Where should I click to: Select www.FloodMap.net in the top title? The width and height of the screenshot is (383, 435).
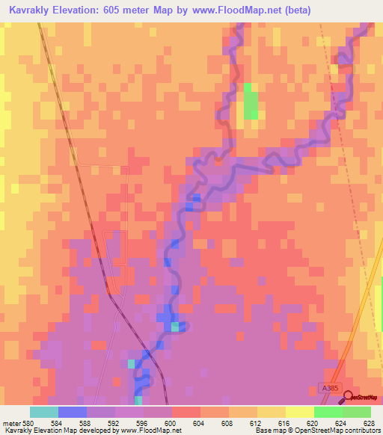tap(232, 10)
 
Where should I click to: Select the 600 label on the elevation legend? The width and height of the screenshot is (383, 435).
tap(171, 422)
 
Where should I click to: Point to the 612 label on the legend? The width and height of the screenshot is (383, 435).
tap(257, 422)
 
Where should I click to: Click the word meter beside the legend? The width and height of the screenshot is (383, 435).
tap(10, 422)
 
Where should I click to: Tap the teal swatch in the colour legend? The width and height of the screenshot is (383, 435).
tap(43, 412)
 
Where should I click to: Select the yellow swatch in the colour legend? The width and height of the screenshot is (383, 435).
tap(271, 412)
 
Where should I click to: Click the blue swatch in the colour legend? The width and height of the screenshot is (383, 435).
tap(72, 412)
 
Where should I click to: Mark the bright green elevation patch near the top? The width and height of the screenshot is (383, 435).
tap(251, 102)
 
